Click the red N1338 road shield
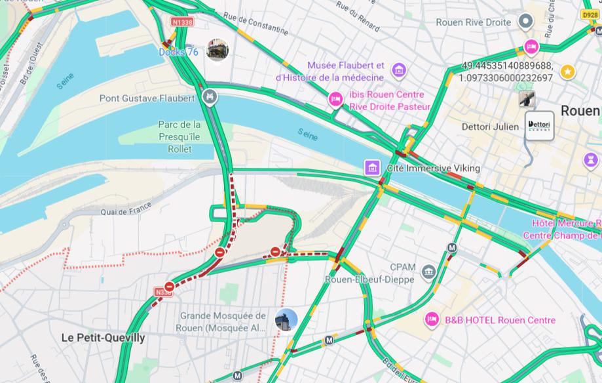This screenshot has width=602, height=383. coord(183,22)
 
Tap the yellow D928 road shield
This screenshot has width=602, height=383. coord(590,14)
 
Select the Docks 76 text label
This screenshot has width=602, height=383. coord(178,52)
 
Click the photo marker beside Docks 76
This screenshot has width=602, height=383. coord(217,50)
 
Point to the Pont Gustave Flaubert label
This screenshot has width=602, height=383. coord(147,98)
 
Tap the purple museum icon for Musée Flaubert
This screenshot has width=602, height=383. coord(398,70)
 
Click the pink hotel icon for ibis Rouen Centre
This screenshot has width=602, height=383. coord(335,100)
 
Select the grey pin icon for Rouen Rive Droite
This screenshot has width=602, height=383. coord(525,22)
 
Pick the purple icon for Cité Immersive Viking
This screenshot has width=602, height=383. coord(373,168)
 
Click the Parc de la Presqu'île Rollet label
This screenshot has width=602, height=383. coord(179,136)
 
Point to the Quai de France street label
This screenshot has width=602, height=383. coord(126,209)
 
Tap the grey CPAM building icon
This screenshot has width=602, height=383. coord(428,271)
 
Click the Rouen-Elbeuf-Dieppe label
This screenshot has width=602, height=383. coord(369,279)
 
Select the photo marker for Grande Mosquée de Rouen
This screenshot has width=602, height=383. coord(286,321)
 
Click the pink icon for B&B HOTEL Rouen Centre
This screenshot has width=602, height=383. coord(432,320)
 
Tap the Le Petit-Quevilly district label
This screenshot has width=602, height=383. coord(103,338)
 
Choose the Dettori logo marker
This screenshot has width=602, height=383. coord(540,125)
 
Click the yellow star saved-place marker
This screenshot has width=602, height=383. coord(567,71)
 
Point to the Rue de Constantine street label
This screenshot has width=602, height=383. coord(255,23)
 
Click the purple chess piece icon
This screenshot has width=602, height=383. coord(592,159)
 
